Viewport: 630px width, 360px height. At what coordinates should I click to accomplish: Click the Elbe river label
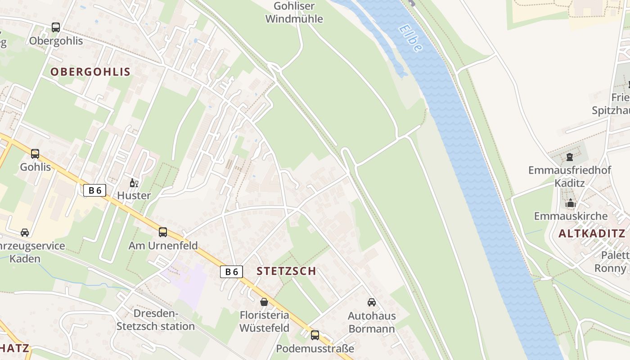[410, 38]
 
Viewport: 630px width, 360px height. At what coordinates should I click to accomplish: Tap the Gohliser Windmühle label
[294, 13]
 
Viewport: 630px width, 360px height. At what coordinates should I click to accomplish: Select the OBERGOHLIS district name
[90, 72]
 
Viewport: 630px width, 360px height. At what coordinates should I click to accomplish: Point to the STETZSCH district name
[286, 271]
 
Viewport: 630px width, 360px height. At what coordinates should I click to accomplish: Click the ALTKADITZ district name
[592, 234]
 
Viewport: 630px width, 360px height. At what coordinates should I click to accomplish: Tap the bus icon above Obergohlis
[56, 27]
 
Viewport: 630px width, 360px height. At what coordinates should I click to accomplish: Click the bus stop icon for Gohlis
[35, 154]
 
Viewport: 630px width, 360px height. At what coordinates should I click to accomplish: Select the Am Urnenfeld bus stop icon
[163, 232]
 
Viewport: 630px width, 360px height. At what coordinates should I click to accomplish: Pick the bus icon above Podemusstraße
[315, 335]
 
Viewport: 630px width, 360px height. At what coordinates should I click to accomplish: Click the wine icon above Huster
[134, 183]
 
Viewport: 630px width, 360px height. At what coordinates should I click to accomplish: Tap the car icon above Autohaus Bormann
[372, 302]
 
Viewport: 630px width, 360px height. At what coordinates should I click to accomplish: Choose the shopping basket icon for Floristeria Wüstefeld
[264, 301]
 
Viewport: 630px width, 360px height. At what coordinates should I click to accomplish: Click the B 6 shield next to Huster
[94, 190]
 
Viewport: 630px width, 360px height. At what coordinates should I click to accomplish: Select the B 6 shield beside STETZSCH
[231, 271]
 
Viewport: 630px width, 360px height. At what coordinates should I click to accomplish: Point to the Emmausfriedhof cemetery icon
[570, 157]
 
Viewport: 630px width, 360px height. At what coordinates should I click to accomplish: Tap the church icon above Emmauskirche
[571, 203]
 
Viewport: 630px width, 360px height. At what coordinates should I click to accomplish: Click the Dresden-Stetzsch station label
[156, 320]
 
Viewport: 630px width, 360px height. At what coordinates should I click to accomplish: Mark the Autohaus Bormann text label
[372, 322]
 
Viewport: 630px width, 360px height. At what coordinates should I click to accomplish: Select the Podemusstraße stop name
[315, 349]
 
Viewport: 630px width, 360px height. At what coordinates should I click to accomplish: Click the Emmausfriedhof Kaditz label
[570, 176]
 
